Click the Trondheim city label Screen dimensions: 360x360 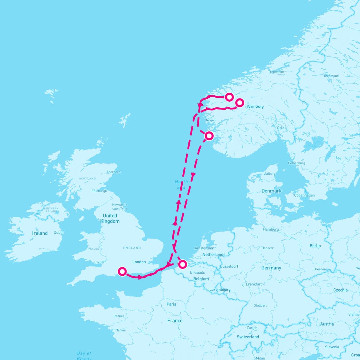(x=276, y=72)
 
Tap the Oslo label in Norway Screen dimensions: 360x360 (x=280, y=128)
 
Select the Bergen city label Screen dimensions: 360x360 (x=210, y=120)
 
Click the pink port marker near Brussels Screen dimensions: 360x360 (x=182, y=264)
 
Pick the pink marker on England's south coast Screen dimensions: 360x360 (x=122, y=271)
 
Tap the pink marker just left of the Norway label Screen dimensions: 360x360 (x=239, y=103)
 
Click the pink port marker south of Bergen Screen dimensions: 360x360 (x=209, y=136)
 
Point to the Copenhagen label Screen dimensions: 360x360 (x=304, y=195)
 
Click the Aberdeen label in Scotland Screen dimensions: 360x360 (x=113, y=172)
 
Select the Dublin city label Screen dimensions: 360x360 (x=59, y=232)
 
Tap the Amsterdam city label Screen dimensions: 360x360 (x=204, y=248)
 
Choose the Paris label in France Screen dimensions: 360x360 (x=171, y=304)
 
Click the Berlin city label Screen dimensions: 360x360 (x=315, y=246)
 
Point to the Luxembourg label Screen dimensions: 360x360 (x=220, y=289)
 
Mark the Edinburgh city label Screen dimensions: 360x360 (x=99, y=191)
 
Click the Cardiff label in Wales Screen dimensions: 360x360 (x=99, y=262)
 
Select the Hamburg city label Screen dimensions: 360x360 (x=271, y=229)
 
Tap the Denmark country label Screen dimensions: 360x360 (x=271, y=191)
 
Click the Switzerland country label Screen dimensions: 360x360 (x=248, y=337)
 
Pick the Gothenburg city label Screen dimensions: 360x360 (x=296, y=163)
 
